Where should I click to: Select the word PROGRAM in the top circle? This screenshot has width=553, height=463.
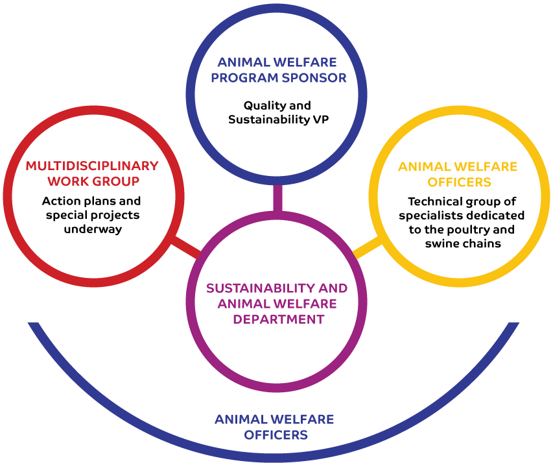(244, 78)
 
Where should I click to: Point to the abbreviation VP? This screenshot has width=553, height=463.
(321, 119)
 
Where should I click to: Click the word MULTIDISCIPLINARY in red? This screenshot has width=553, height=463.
(92, 166)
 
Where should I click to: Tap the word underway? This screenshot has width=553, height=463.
(93, 229)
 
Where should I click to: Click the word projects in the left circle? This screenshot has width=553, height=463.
(115, 216)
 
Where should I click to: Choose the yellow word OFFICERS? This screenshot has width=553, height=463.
(459, 182)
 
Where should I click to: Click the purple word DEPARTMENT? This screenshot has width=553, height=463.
(279, 319)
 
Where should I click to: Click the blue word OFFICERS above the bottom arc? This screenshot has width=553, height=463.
(276, 434)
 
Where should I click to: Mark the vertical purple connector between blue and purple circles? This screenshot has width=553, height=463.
(278, 198)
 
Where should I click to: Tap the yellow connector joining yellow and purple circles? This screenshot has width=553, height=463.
(367, 247)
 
